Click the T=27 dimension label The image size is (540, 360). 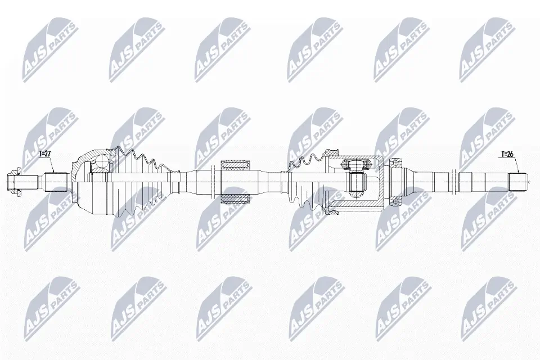click(x=46, y=153)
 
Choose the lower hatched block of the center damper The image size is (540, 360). click(x=236, y=199)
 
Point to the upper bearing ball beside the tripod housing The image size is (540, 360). click(x=396, y=163)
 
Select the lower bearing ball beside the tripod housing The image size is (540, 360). click(x=396, y=201)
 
